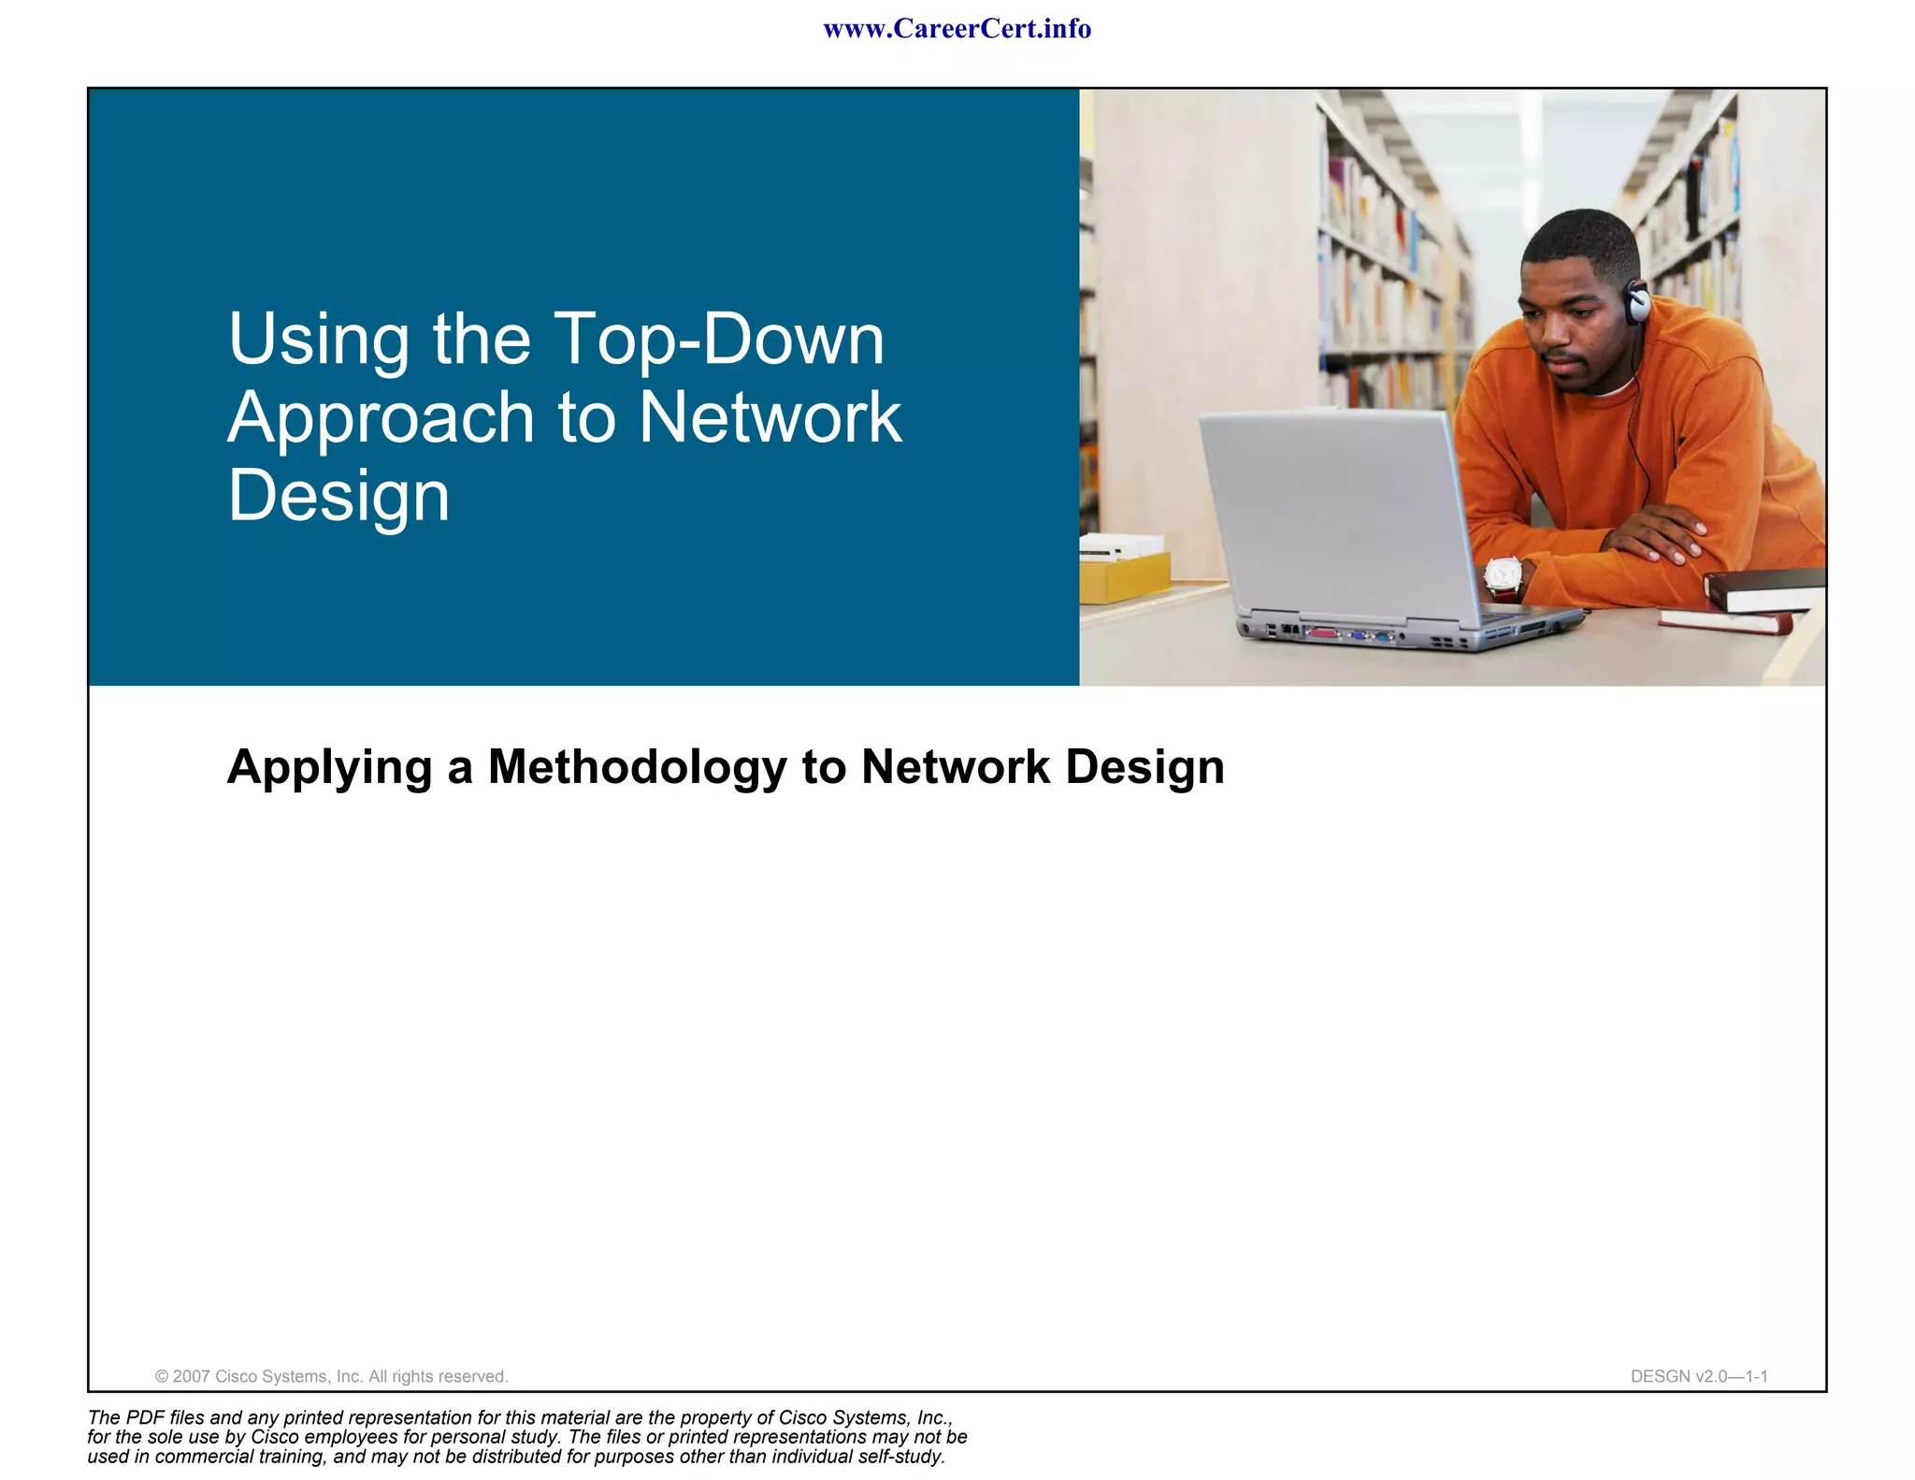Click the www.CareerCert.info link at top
957,29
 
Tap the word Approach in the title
381,418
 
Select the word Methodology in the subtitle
637,767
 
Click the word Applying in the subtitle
328,769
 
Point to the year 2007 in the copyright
192,1376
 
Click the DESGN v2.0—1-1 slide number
1698,1376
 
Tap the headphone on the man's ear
1637,301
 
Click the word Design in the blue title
338,496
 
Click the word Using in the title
319,339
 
